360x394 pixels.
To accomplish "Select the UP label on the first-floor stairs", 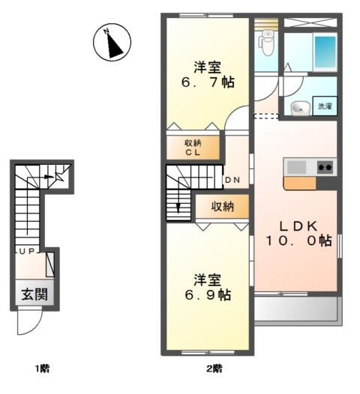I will tap(25, 252).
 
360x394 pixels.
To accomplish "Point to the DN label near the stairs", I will tap(232, 181).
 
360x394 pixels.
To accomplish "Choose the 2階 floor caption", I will tap(214, 368).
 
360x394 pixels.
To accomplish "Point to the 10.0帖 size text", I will tap(298, 241).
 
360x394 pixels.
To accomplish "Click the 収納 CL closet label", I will tap(194, 148).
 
